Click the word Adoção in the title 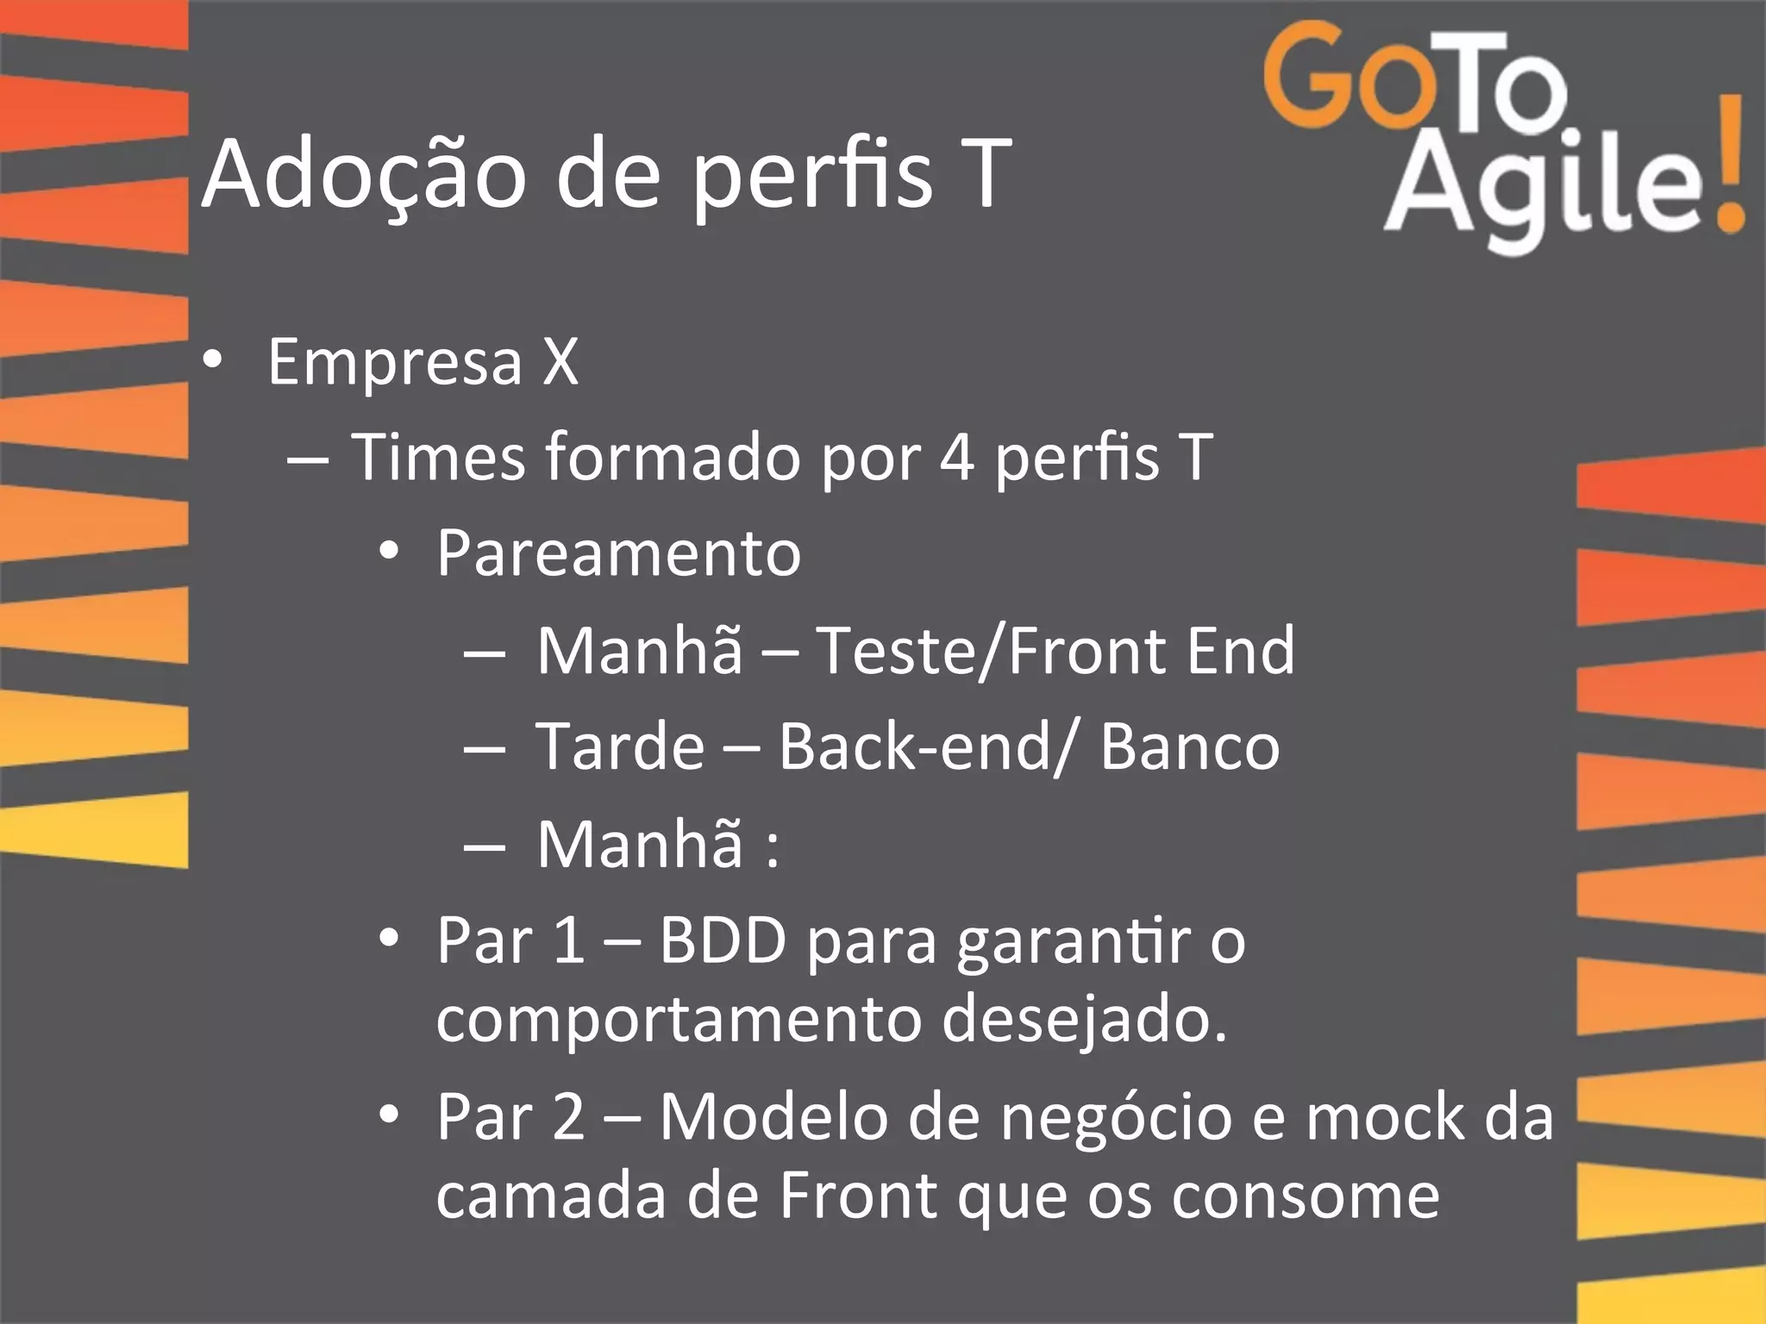click(363, 175)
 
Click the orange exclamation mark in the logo click(1727, 164)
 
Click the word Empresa click(395, 362)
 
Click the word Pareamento click(618, 553)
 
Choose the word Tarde click(620, 746)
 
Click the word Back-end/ click(928, 746)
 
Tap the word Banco click(1189, 746)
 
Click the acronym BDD click(723, 941)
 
